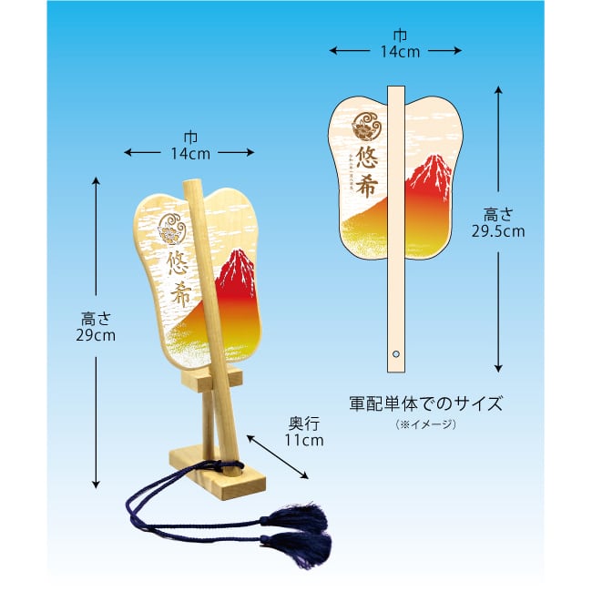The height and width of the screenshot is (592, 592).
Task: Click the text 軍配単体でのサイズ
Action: click(425, 402)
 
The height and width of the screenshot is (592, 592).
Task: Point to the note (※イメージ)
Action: click(425, 424)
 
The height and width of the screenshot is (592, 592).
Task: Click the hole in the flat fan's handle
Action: click(396, 352)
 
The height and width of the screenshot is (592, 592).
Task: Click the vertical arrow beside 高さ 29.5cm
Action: click(498, 229)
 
